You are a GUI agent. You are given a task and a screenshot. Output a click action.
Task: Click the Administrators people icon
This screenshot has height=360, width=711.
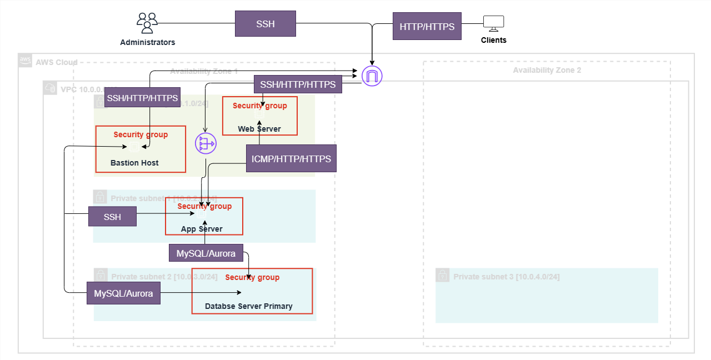pyautogui.click(x=147, y=23)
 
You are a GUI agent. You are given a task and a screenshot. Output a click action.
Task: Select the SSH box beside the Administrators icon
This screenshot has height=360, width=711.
pyautogui.click(x=265, y=24)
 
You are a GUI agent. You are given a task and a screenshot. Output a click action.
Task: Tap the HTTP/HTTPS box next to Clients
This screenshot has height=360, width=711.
pyautogui.click(x=427, y=27)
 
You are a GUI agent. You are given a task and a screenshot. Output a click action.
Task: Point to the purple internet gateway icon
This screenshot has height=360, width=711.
pyautogui.click(x=372, y=76)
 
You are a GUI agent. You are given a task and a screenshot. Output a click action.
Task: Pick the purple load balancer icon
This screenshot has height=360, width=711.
pyautogui.click(x=206, y=144)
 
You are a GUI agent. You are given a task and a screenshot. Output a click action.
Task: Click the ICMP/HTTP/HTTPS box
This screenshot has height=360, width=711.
pyautogui.click(x=291, y=159)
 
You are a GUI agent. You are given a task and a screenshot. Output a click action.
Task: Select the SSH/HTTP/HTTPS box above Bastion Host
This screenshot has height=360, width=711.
pyautogui.click(x=142, y=98)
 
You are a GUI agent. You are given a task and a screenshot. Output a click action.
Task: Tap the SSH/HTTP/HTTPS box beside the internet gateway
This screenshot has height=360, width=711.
pyautogui.click(x=298, y=84)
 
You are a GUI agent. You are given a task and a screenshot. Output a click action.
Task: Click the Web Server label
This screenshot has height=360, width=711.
pyautogui.click(x=259, y=129)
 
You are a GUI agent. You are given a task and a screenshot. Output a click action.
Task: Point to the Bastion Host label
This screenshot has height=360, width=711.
pyautogui.click(x=134, y=163)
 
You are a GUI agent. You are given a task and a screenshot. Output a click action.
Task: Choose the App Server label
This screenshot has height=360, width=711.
pyautogui.click(x=202, y=229)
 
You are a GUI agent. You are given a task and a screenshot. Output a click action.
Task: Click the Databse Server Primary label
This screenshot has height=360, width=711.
pyautogui.click(x=248, y=306)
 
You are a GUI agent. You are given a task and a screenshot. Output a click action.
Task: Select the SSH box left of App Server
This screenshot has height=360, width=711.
pyautogui.click(x=112, y=217)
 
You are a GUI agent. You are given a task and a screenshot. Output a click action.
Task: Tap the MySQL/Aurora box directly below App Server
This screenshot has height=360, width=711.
pyautogui.click(x=206, y=254)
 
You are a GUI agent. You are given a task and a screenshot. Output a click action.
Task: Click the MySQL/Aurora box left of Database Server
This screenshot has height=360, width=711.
pyautogui.click(x=123, y=293)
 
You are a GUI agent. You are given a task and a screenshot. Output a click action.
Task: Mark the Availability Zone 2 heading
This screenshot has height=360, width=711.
pyautogui.click(x=547, y=71)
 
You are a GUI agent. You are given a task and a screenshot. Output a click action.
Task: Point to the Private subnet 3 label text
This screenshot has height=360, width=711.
pyautogui.click(x=506, y=277)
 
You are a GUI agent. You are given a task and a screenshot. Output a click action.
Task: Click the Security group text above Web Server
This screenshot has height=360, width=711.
pyautogui.click(x=259, y=106)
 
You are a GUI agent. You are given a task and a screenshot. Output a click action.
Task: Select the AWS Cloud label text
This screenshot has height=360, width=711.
pyautogui.click(x=56, y=62)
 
